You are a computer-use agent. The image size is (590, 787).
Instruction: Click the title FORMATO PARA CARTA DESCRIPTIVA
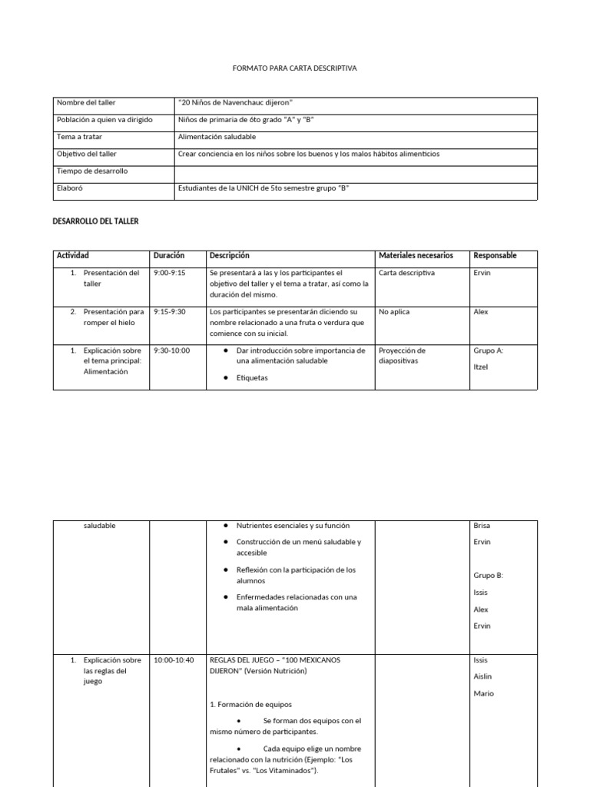(x=294, y=68)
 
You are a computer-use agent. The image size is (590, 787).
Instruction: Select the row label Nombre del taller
(x=86, y=102)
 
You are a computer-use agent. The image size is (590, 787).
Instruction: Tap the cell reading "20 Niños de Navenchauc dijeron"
(x=236, y=102)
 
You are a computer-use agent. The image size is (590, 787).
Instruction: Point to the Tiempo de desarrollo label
(x=92, y=171)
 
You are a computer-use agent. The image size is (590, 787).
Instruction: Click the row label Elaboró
(x=70, y=188)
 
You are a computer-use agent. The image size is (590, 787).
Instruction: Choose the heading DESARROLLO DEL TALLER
(x=96, y=221)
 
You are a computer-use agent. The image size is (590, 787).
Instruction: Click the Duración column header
(x=168, y=255)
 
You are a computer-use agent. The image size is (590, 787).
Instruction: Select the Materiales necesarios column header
(x=416, y=255)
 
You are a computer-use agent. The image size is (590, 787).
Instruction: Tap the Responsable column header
(x=495, y=255)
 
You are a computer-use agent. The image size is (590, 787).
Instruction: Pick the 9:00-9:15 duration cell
(x=169, y=273)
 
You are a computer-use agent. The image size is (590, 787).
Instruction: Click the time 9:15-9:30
(x=169, y=312)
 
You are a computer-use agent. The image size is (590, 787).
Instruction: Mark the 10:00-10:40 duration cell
(x=174, y=660)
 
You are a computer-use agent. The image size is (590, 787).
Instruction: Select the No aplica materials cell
(x=394, y=312)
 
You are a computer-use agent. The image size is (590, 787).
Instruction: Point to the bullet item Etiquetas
(x=252, y=378)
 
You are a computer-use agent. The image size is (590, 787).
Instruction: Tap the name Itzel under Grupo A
(x=482, y=367)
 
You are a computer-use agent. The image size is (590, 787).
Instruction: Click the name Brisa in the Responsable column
(x=482, y=526)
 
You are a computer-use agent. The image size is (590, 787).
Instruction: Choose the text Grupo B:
(x=488, y=575)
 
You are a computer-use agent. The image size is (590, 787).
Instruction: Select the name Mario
(x=483, y=694)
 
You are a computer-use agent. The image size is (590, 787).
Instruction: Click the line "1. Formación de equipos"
(x=250, y=704)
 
